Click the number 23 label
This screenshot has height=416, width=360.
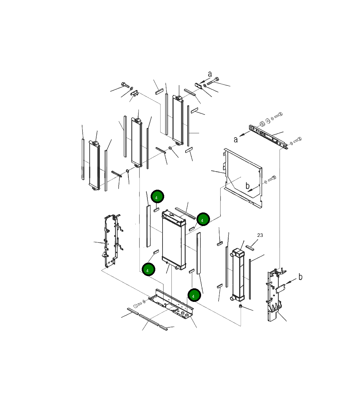pos(260,235)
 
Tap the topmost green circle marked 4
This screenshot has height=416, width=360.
pos(157,196)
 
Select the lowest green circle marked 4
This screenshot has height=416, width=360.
pos(194,295)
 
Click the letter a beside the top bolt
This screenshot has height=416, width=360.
pos(210,74)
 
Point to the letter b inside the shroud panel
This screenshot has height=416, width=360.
pos(248,186)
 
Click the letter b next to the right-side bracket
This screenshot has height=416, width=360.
pos(300,277)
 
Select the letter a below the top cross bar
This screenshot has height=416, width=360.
pos(236,140)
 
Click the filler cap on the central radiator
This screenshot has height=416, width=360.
pos(171,215)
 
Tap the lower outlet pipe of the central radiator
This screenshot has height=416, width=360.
pos(177,268)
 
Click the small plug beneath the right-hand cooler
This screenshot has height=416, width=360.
pos(240,306)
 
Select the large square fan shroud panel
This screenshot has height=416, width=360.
pos(243,178)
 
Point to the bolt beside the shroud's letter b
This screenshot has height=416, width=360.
pos(272,178)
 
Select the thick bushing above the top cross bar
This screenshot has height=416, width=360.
pos(262,124)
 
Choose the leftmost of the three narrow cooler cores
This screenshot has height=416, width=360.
pos(94,165)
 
